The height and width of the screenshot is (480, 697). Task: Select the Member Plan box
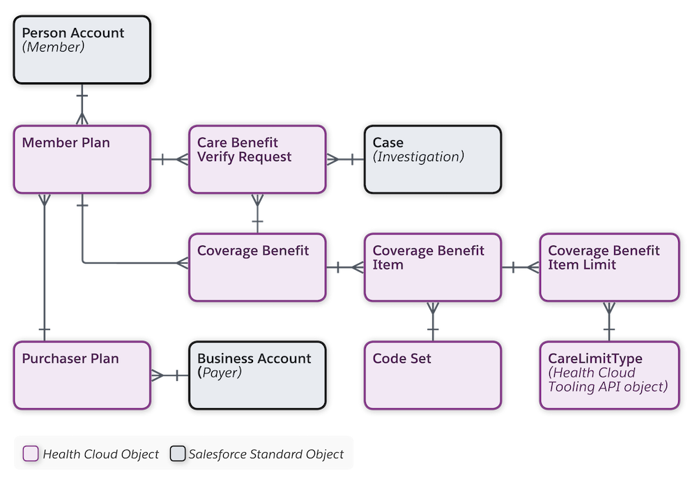pyautogui.click(x=82, y=160)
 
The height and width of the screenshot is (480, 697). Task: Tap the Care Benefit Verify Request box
pyautogui.click(x=257, y=160)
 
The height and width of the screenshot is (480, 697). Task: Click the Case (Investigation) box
pyautogui.click(x=432, y=160)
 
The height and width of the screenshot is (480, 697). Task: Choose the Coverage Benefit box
pyautogui.click(x=257, y=267)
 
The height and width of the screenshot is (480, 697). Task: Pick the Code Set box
pyautogui.click(x=432, y=375)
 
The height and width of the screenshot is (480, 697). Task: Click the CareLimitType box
pyautogui.click(x=608, y=375)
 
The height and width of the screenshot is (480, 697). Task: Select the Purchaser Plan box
pyautogui.click(x=82, y=375)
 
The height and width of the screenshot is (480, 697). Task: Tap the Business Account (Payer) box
pyautogui.click(x=257, y=375)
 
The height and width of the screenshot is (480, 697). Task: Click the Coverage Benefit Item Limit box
pyautogui.click(x=608, y=267)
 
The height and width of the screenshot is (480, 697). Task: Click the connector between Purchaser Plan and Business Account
pyautogui.click(x=169, y=375)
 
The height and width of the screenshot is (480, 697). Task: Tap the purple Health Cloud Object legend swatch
pyautogui.click(x=31, y=454)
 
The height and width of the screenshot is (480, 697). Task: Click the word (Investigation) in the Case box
pyautogui.click(x=418, y=157)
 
